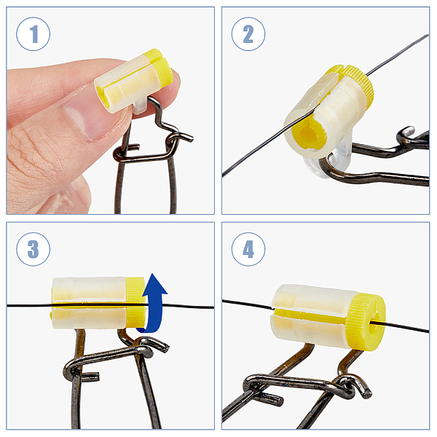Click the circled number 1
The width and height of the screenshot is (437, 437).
click(x=34, y=34)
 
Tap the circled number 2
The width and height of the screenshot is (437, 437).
click(x=248, y=34)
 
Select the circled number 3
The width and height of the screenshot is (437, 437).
click(x=34, y=249)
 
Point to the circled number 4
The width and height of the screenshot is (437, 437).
click(x=248, y=249)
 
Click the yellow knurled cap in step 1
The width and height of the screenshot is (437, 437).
click(x=160, y=66)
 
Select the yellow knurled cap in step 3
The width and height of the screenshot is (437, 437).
click(x=136, y=302)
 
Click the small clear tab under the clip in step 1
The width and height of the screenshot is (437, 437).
click(x=139, y=106)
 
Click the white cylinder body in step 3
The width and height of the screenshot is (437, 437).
click(x=89, y=303)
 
